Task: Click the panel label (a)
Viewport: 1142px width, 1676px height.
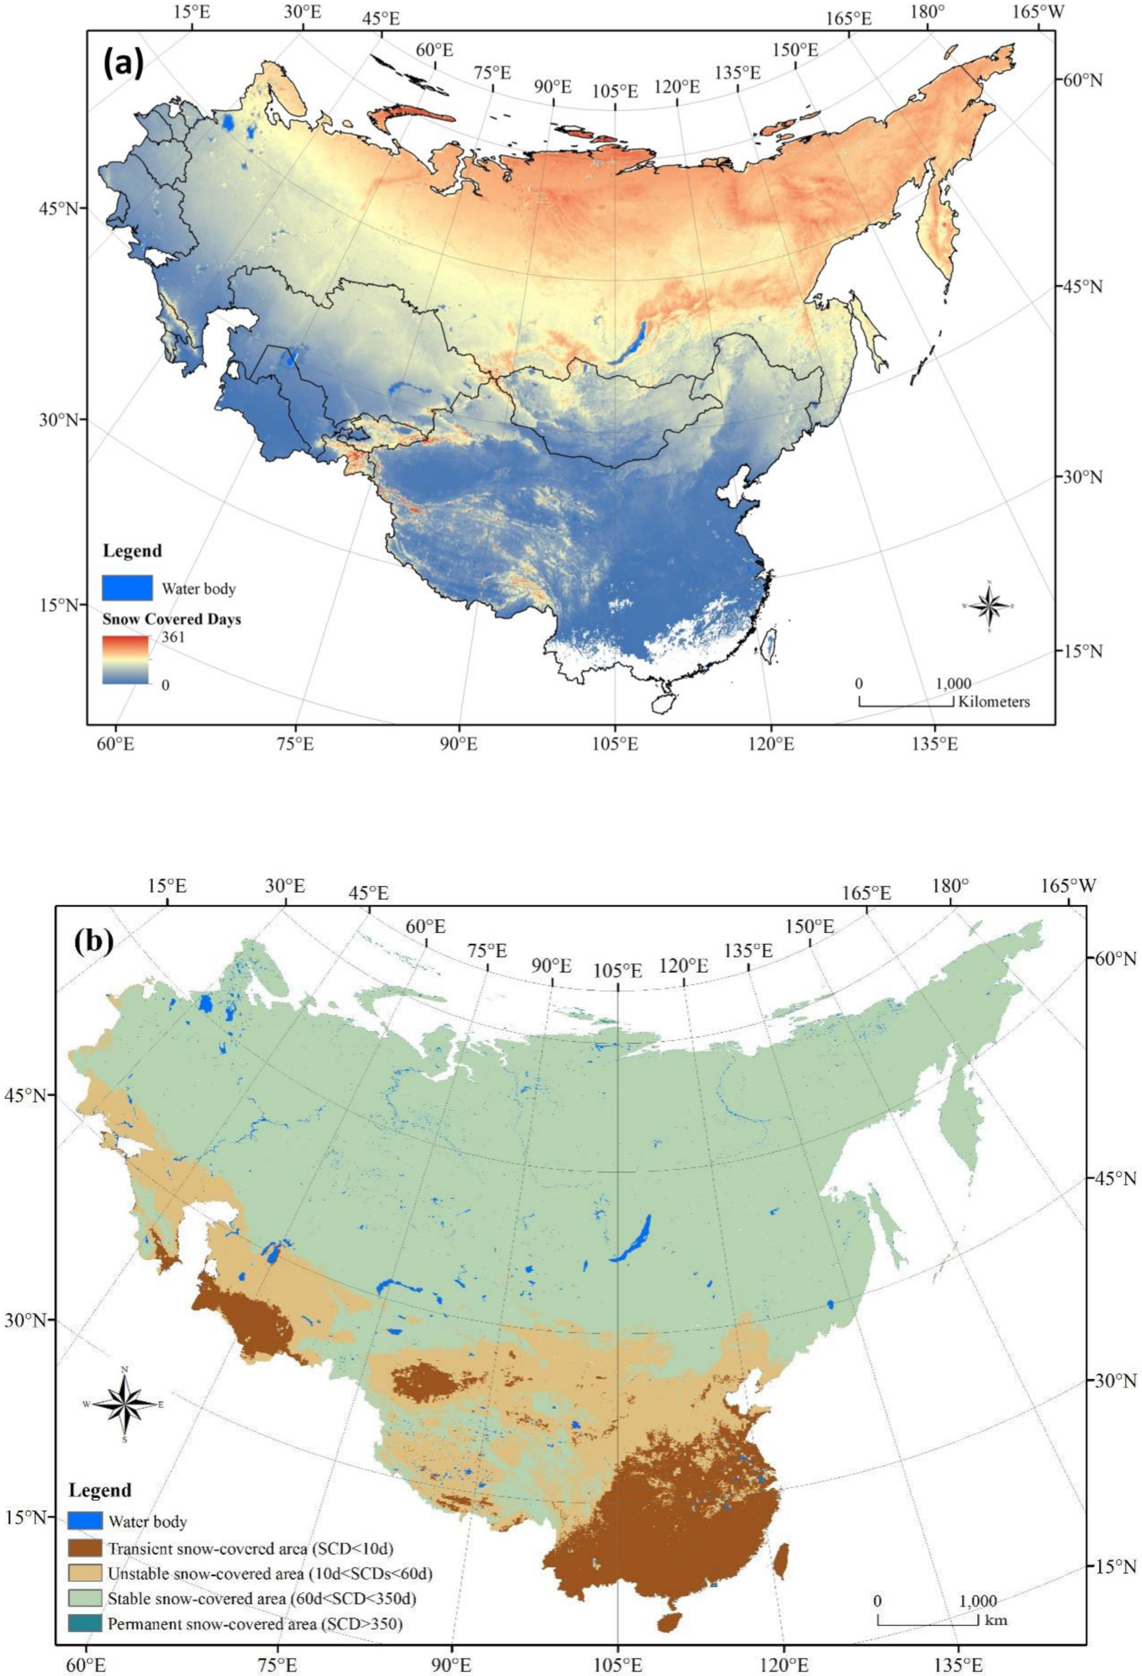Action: tap(124, 65)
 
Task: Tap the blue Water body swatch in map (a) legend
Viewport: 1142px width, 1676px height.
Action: tap(127, 588)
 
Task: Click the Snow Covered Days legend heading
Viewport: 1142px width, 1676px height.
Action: tap(172, 619)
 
